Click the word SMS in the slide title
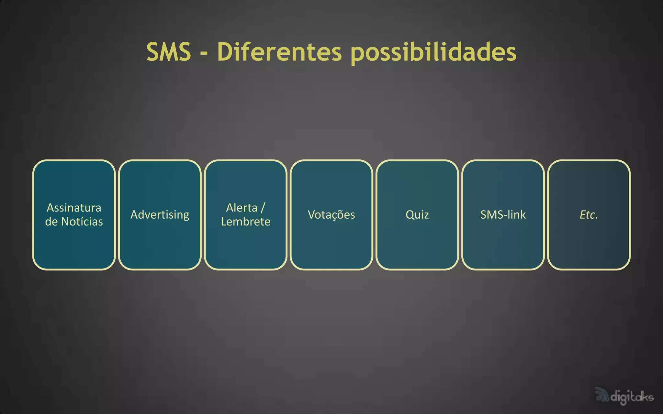click(168, 52)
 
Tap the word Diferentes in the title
click(279, 52)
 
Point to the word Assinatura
click(74, 208)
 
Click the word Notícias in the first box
click(82, 222)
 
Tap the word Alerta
click(242, 208)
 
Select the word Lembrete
click(246, 222)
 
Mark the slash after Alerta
click(263, 208)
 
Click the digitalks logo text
click(632, 397)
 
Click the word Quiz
click(417, 215)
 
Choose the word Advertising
click(160, 215)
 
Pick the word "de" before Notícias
click(51, 222)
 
